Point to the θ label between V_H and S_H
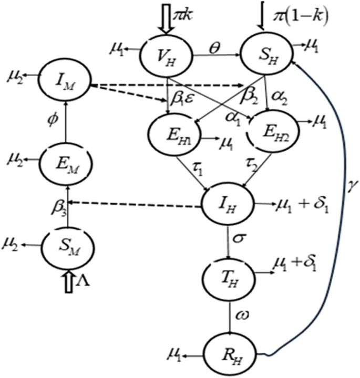click(x=215, y=43)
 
